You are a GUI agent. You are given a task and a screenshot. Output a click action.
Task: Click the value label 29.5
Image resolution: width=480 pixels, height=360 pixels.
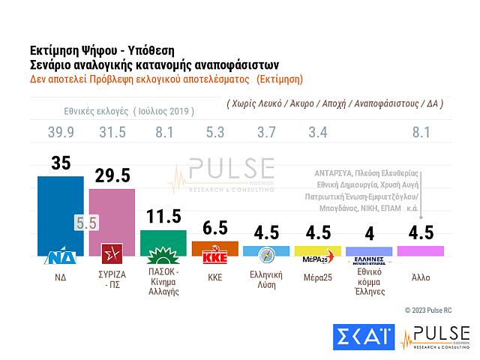pyautogui.click(x=112, y=175)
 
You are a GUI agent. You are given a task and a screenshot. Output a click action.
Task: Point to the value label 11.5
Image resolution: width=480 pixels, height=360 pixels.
pyautogui.click(x=163, y=217)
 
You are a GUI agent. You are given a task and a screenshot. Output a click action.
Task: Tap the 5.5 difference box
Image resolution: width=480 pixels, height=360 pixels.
pyautogui.click(x=85, y=223)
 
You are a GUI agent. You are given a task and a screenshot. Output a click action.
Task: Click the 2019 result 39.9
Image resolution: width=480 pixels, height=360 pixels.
pyautogui.click(x=61, y=133)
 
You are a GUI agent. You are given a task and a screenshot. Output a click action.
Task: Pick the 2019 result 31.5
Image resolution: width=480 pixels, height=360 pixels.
pyautogui.click(x=112, y=133)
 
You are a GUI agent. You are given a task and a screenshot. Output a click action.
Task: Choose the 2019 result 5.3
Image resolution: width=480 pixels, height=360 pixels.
pyautogui.click(x=215, y=133)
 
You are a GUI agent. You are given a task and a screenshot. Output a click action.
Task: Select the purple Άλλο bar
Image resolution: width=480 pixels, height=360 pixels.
pyautogui.click(x=421, y=251)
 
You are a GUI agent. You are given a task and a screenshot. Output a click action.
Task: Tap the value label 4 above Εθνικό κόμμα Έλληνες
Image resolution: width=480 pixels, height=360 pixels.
pyautogui.click(x=369, y=234)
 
